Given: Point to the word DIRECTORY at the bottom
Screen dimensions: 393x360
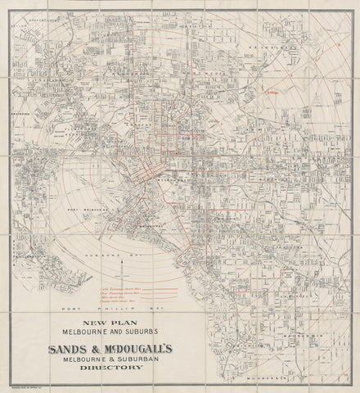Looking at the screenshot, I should click(109, 367).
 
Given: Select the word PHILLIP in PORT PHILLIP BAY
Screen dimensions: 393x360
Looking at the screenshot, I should click(115, 309).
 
